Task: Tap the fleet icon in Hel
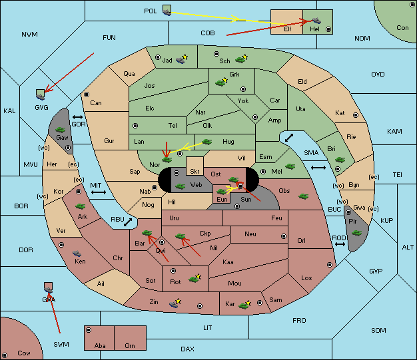click(x=316, y=21)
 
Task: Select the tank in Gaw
click(x=61, y=129)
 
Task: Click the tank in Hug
click(x=207, y=142)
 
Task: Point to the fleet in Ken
click(x=77, y=253)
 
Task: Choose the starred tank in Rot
click(x=195, y=279)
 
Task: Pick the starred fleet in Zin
click(x=175, y=303)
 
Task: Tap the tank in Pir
click(x=356, y=233)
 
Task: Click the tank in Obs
click(x=304, y=196)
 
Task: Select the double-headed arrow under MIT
click(x=99, y=192)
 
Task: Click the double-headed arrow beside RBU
click(x=128, y=222)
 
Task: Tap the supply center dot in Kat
click(x=356, y=115)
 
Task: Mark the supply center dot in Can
click(x=87, y=94)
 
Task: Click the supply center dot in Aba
click(x=89, y=330)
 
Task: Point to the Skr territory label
click(x=195, y=172)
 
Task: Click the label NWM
click(x=29, y=35)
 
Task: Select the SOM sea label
click(x=378, y=330)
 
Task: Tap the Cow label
click(x=24, y=353)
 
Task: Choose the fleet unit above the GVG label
click(x=41, y=94)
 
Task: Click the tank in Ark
click(x=80, y=206)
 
